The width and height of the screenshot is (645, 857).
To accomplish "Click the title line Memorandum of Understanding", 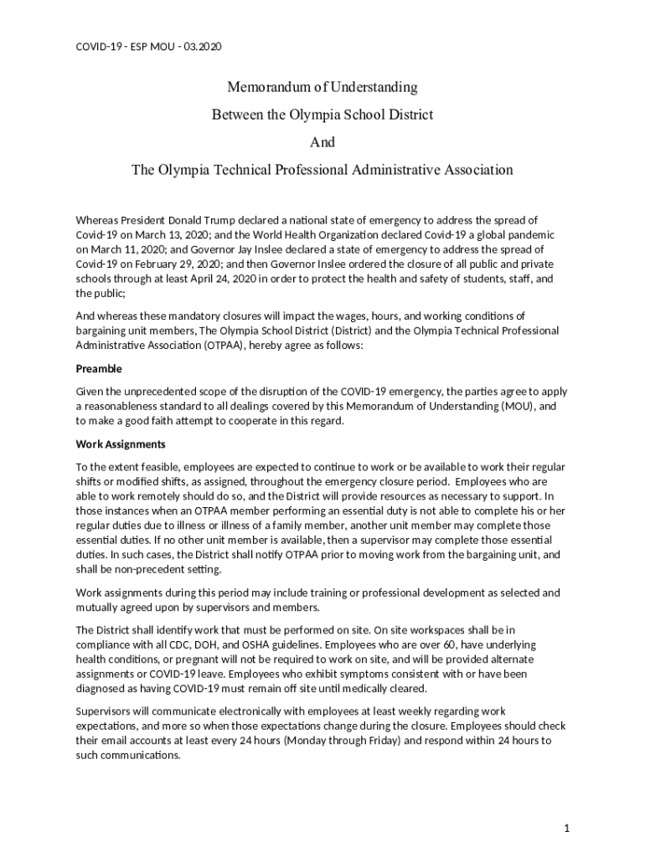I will tap(322, 87).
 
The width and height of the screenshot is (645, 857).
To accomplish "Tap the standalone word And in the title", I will tap(322, 142).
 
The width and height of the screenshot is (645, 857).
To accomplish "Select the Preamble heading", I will tap(99, 368).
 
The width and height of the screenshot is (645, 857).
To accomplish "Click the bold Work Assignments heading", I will tap(121, 444).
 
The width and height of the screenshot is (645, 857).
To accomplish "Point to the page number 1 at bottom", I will tap(567, 828).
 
